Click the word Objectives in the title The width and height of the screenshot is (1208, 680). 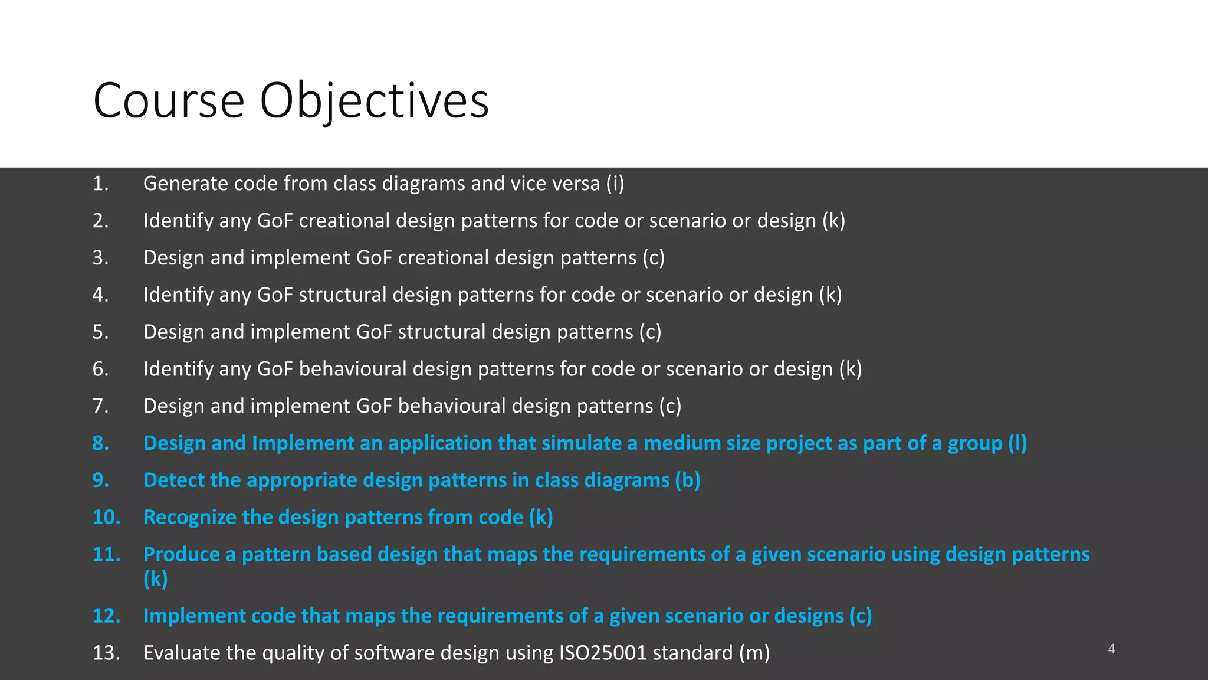pos(374,102)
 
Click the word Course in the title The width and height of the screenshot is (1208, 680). pos(169,102)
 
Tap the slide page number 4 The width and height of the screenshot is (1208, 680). pos(1111,649)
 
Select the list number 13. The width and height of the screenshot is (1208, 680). pos(106,653)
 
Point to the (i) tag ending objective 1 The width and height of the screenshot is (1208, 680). pos(615,184)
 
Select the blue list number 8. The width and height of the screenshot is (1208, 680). pos(101,443)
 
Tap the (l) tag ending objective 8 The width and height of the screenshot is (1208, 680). pos(1017,443)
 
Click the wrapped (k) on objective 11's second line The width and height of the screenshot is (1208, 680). pos(156,579)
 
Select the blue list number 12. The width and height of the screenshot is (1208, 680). pos(106,616)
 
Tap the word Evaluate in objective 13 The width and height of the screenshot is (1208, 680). pos(180,653)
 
